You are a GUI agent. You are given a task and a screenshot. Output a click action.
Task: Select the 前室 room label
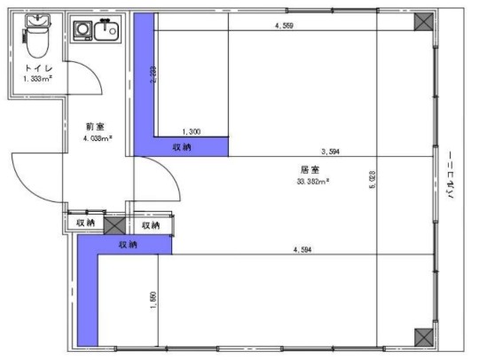pos(96,127)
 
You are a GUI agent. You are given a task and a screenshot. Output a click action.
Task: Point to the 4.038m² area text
pos(97,138)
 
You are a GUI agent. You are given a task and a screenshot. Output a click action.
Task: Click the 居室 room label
pos(310,168)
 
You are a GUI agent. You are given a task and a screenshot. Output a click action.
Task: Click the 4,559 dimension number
pos(284,27)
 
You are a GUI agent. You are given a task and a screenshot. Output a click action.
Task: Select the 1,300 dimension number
pos(191,131)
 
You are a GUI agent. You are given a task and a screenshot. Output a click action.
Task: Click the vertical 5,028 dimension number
pos(373,179)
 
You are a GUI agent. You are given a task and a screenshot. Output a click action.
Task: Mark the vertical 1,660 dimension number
pos(153,301)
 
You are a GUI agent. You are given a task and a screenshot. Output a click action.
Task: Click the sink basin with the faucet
pos(108,31)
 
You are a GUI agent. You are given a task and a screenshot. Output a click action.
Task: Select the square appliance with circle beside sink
pos(82,30)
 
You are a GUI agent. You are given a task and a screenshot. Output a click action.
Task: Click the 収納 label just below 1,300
pos(181,146)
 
